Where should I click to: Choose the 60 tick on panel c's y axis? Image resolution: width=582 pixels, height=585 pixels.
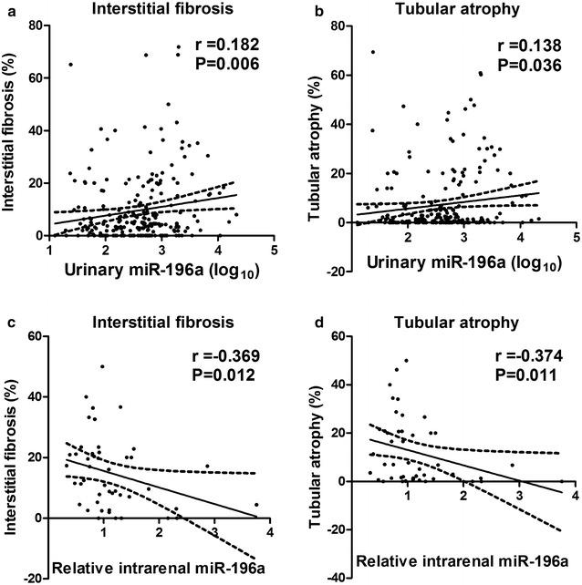[35, 336]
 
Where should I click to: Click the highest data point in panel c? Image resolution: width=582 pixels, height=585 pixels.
[102, 366]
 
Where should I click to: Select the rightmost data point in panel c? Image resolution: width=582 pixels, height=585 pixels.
[256, 504]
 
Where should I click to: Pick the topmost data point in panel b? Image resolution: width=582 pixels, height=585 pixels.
[373, 52]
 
